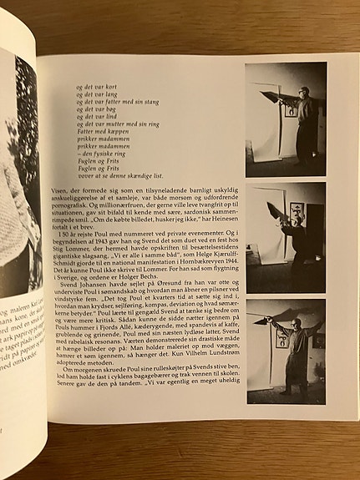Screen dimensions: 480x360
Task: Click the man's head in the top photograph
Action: click(303, 93)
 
